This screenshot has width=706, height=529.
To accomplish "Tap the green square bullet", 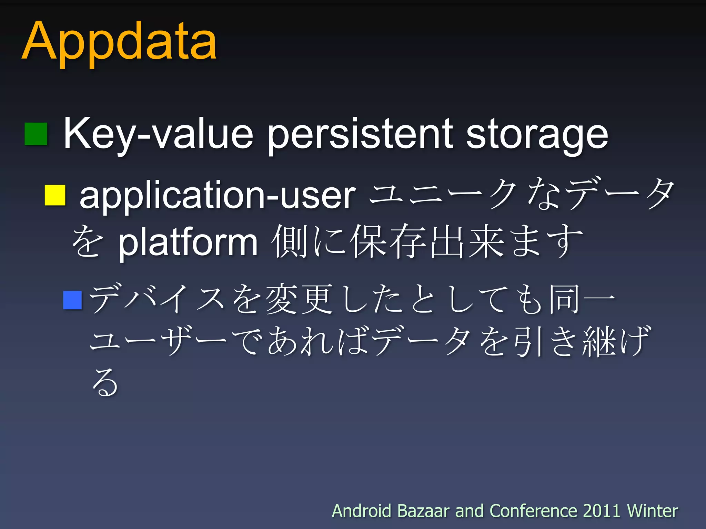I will (x=36, y=134).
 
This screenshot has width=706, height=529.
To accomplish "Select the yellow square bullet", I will (x=55, y=195).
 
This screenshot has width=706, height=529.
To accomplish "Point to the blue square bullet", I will (x=72, y=300).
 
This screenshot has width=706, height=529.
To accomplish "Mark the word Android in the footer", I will (x=361, y=511).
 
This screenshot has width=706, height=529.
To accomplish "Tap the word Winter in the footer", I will (x=652, y=511).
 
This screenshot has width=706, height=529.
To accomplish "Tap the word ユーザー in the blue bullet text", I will (x=158, y=341).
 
